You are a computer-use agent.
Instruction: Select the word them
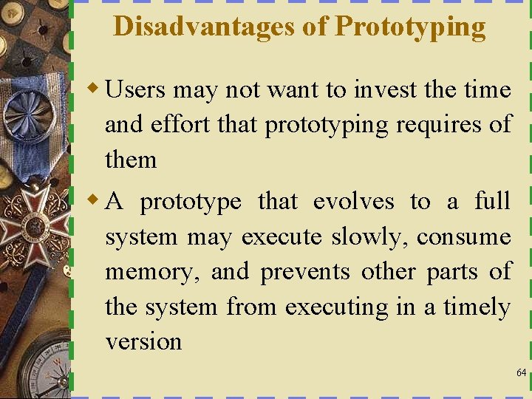(131, 160)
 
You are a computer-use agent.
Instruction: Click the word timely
(477, 307)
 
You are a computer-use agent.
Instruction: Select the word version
(143, 342)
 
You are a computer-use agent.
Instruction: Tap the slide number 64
(521, 372)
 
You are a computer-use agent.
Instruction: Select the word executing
(336, 307)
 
